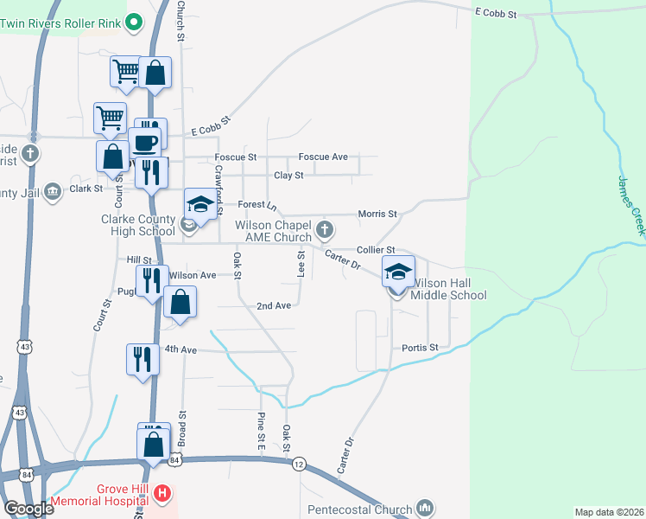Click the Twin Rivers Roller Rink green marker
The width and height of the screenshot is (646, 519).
pyautogui.click(x=134, y=23)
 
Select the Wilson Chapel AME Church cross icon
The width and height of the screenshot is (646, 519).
pyautogui.click(x=325, y=230)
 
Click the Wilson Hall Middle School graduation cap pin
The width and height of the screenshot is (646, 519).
pyautogui.click(x=397, y=273)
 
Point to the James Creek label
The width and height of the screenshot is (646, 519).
pyautogui.click(x=631, y=207)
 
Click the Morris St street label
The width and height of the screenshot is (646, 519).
pyautogui.click(x=377, y=214)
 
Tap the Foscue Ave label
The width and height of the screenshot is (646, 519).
pyautogui.click(x=323, y=157)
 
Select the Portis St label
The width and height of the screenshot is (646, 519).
pyautogui.click(x=421, y=348)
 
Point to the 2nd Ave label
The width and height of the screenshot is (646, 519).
pyautogui.click(x=274, y=306)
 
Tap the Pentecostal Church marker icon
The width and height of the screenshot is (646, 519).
pyautogui.click(x=423, y=507)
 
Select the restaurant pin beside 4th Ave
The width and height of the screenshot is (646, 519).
pyautogui.click(x=142, y=358)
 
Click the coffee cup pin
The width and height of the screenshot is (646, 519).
pyautogui.click(x=144, y=142)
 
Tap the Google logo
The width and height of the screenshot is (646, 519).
pyautogui.click(x=28, y=509)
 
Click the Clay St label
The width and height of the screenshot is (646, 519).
pyautogui.click(x=288, y=176)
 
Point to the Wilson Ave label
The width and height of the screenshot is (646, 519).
pyautogui.click(x=193, y=275)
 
